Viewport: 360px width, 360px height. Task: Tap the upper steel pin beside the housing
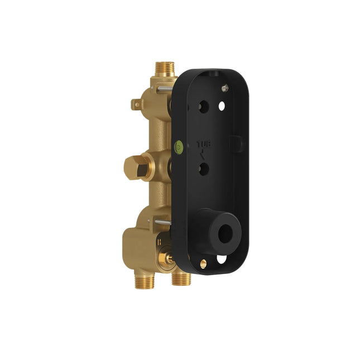pos(165,89)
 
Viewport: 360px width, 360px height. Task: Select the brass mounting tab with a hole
pos(137,103)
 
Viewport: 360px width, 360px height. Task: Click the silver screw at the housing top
pos(224,87)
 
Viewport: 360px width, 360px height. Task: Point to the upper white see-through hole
pos(223,105)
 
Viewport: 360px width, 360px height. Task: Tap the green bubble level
pos(179,147)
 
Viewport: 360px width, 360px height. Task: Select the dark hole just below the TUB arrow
pos(204,169)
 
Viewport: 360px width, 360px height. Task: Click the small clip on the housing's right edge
pos(239,143)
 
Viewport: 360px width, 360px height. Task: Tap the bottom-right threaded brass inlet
pos(181,278)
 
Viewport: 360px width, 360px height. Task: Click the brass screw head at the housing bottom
pos(203,262)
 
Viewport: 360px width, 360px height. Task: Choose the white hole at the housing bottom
pos(222,259)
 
